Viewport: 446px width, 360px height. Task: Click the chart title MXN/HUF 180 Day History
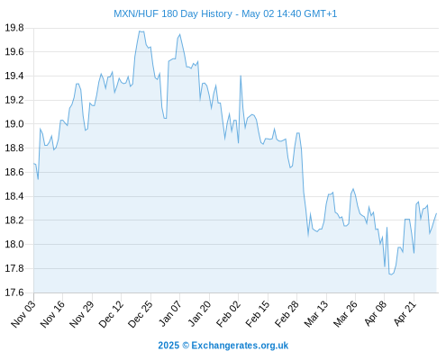tap(173, 13)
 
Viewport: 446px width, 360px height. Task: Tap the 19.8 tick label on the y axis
tap(14, 28)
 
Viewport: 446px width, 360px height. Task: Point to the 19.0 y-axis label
tap(14, 124)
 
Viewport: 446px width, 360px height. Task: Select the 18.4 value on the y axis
tap(14, 196)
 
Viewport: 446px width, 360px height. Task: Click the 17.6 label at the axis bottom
tap(14, 292)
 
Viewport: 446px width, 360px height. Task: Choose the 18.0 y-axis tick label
tap(14, 244)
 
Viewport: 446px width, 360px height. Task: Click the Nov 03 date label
tap(23, 314)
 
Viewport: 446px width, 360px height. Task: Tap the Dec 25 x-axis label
tap(141, 314)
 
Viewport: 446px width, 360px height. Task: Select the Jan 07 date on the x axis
tap(170, 314)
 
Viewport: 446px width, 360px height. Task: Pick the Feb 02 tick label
tap(229, 314)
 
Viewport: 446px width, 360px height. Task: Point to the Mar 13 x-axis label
tap(316, 314)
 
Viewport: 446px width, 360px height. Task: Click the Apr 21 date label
tap(405, 314)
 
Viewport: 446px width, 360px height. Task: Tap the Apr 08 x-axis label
tap(375, 314)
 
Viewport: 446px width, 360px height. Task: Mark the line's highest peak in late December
tap(140, 31)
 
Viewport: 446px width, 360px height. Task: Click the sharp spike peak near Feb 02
tap(241, 76)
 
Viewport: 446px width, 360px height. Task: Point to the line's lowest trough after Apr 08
tap(391, 274)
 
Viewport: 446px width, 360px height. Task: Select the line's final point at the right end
tap(436, 213)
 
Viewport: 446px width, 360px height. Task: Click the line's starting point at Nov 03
tap(34, 164)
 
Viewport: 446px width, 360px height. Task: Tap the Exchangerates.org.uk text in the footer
tap(240, 346)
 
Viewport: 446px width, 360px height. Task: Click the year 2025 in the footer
tap(168, 346)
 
